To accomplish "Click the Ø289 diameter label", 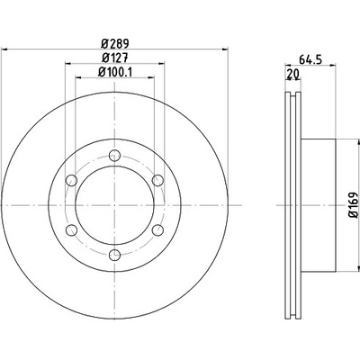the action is click(114, 44).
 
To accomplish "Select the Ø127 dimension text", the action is click(115, 58).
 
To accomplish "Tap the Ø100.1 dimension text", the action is click(115, 72).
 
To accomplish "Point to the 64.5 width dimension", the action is click(310, 59).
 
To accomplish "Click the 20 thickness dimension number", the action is click(293, 74).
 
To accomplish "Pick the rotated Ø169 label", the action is click(354, 204).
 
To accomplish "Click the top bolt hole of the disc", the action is click(114, 155).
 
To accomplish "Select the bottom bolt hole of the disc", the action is click(114, 255).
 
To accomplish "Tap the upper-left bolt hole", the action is click(71, 180).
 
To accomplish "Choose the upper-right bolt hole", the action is click(157, 180).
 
